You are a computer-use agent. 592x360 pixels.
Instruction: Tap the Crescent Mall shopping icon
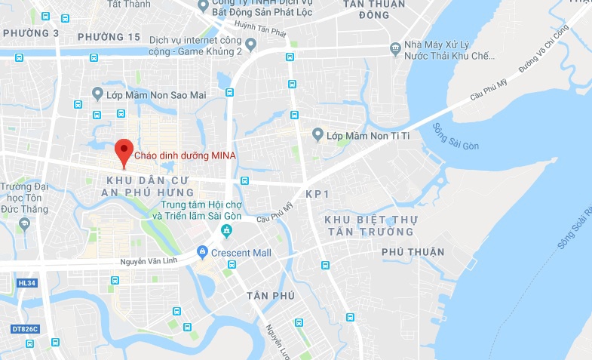pos(201,252)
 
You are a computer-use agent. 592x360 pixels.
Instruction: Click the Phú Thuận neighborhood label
pos(413,251)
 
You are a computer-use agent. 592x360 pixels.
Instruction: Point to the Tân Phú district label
pos(269,295)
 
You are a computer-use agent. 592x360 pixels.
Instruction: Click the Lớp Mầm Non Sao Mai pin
pos(97,94)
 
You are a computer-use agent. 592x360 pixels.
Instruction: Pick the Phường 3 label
pos(31,33)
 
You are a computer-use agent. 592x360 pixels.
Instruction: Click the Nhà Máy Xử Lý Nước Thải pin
pos(395,48)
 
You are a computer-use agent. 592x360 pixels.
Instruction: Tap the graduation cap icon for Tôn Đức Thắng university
pos(25,223)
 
